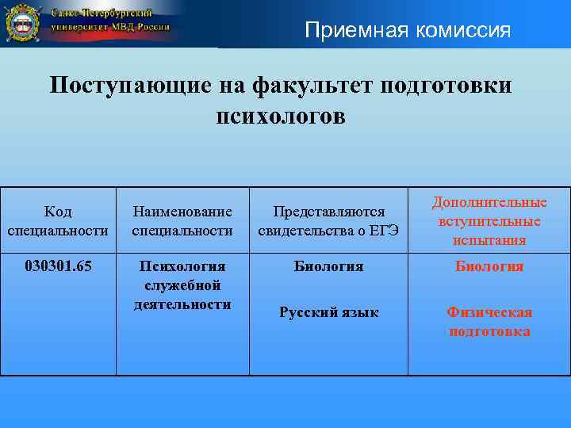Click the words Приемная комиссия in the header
[x=408, y=30]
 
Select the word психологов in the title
[x=281, y=116]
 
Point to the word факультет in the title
[x=305, y=86]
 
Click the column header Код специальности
[x=58, y=221]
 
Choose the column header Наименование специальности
[x=182, y=221]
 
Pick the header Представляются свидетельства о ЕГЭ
[x=328, y=221]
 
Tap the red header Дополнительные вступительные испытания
[x=489, y=221]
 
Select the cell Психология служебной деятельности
[x=182, y=285]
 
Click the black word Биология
[x=328, y=266]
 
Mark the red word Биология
[x=489, y=266]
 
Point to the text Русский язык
[x=328, y=312]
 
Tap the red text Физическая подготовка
[x=489, y=322]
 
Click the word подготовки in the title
[x=446, y=86]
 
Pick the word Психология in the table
[x=182, y=266]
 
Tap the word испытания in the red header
[x=489, y=239]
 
